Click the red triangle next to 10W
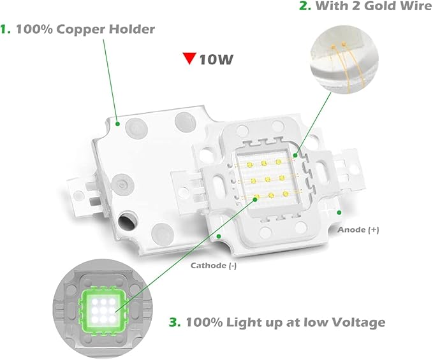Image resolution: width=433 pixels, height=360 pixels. (x=188, y=59)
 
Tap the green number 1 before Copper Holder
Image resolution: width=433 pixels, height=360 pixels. (x=6, y=29)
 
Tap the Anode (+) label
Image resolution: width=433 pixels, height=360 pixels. (x=358, y=229)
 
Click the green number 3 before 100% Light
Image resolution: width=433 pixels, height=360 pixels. (x=173, y=322)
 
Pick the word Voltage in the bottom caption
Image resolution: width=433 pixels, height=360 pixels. (x=357, y=322)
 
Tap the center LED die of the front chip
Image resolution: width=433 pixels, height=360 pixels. (x=269, y=181)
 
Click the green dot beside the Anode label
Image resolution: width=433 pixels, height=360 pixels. (x=339, y=212)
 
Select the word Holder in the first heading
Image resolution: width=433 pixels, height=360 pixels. (x=132, y=29)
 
